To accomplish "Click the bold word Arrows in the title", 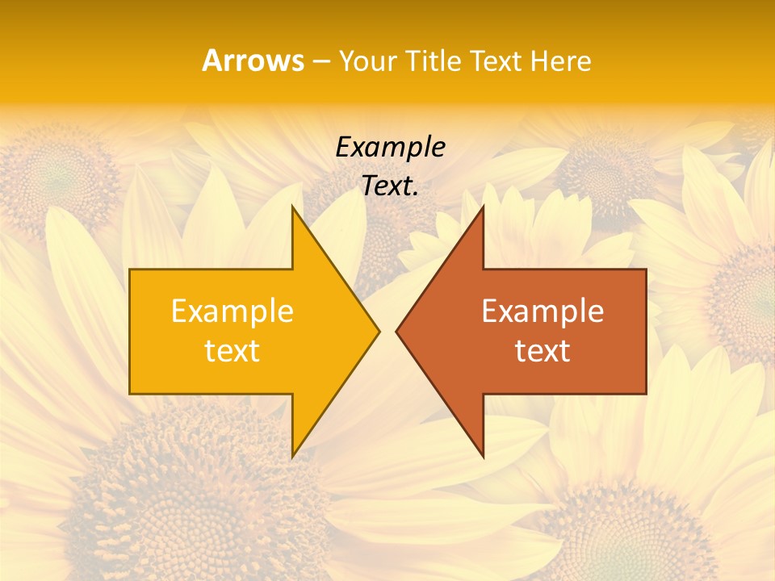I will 253,61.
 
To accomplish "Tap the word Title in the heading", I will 434,61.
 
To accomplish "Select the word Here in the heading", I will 561,61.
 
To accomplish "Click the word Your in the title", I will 367,61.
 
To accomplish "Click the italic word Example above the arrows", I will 391,148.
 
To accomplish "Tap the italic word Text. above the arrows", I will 391,186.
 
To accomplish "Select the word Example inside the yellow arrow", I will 232,311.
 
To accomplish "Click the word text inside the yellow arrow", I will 232,351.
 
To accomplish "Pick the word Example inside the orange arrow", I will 542,311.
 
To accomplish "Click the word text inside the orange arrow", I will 542,351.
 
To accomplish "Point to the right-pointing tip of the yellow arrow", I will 379,331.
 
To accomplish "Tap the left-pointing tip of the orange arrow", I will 396,331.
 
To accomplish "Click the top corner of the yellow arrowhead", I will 292,207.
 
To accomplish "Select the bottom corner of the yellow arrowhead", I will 292,457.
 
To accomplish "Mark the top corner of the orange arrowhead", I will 483,207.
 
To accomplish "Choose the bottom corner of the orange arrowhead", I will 483,457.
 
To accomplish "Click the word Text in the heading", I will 497,61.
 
